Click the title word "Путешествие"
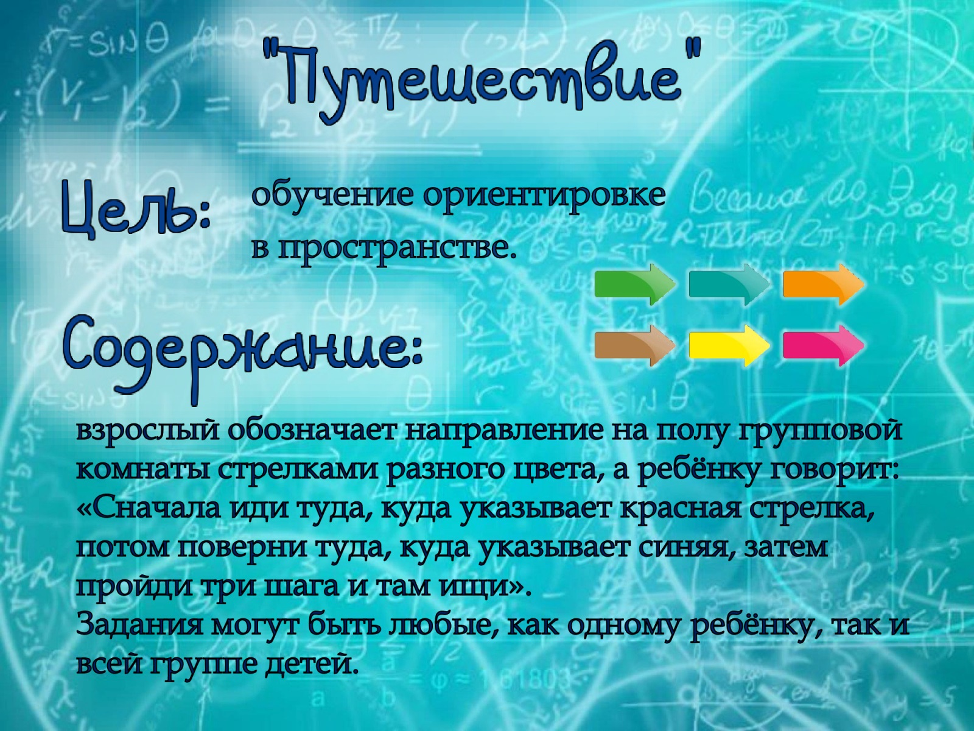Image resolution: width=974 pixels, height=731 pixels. [482, 80]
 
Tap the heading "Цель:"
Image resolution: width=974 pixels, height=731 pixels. [136, 210]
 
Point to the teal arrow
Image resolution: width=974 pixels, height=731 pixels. [729, 284]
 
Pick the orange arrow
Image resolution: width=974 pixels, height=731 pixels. [824, 284]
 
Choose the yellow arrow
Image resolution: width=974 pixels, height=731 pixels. [729, 346]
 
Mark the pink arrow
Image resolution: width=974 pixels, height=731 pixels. [824, 346]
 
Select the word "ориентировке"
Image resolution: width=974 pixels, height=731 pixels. [544, 196]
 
